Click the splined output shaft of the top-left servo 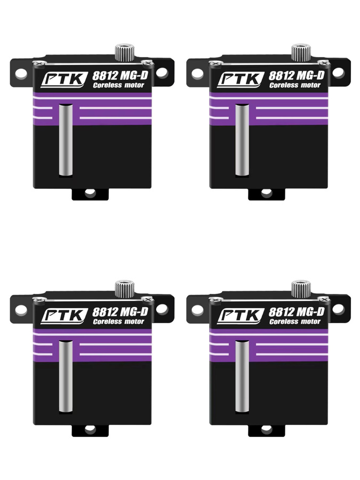pyautogui.click(x=125, y=52)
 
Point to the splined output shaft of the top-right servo pyautogui.click(x=301, y=52)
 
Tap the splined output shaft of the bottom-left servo pyautogui.click(x=125, y=289)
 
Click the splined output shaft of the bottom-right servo pyautogui.click(x=301, y=289)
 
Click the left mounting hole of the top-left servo pyautogui.click(x=21, y=74)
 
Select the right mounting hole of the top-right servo pyautogui.click(x=338, y=73)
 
